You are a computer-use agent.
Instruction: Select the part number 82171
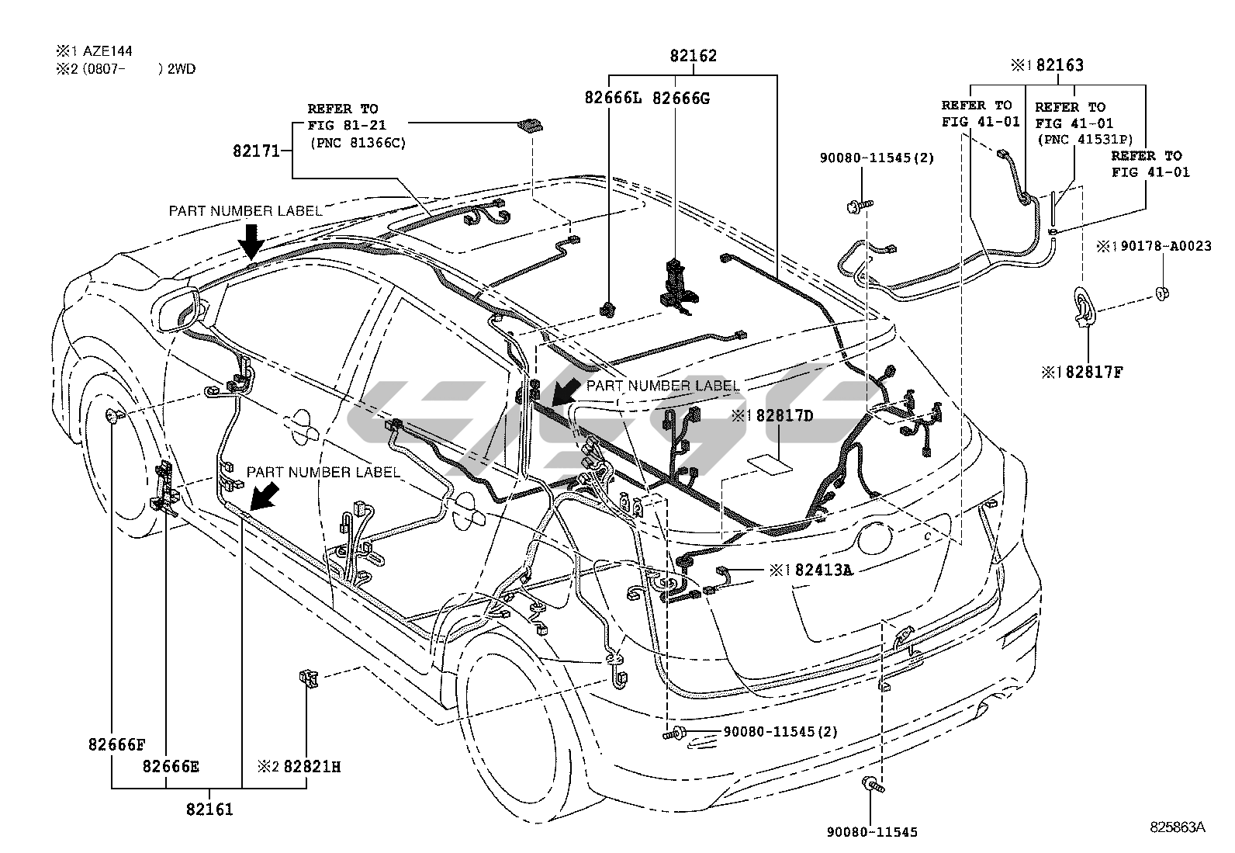point(256,151)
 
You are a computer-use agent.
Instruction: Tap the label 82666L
point(614,98)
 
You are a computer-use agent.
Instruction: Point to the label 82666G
point(681,98)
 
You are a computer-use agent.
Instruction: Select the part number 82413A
point(822,570)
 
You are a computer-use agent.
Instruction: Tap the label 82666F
point(116,745)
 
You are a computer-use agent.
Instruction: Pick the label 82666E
point(171,767)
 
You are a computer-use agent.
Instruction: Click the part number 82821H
point(311,767)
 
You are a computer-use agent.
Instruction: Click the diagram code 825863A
point(1178,827)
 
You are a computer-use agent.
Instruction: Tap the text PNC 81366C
point(358,143)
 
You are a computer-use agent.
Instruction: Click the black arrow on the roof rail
point(251,241)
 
